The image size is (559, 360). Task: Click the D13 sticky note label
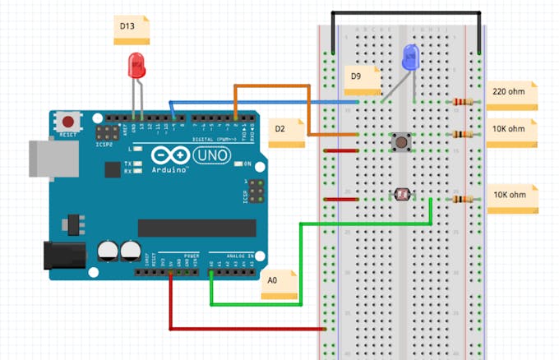[x=131, y=30]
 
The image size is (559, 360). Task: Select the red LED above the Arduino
[x=136, y=66]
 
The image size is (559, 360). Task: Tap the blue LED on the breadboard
[x=409, y=58]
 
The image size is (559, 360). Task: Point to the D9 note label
[x=362, y=81]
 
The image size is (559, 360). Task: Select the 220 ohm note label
[x=510, y=95]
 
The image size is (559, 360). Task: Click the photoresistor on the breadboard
[x=402, y=195]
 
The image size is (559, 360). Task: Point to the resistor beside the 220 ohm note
[x=463, y=103]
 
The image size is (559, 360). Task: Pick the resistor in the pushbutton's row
[x=463, y=135]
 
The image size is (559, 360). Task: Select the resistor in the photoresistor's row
[x=463, y=199]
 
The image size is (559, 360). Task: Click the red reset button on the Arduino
[x=68, y=121]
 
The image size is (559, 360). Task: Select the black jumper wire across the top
[x=406, y=13]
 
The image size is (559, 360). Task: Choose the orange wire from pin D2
[x=271, y=85]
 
